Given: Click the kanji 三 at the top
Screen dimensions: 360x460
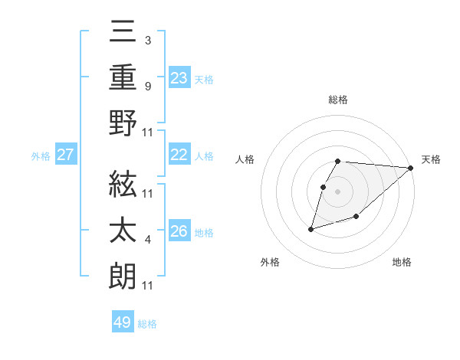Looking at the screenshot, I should [123, 32].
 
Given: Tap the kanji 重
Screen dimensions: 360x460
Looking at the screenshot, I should [123, 77].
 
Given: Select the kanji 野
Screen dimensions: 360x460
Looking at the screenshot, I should [123, 123].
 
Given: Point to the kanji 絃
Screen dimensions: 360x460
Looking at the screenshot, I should [123, 184].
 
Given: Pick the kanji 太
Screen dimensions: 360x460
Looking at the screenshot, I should [123, 230].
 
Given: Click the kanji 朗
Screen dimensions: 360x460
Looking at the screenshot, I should [123, 275].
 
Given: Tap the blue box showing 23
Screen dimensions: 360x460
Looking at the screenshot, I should [179, 78].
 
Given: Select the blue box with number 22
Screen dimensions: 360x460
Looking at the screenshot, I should [179, 155].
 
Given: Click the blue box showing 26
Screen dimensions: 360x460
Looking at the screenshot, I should [179, 231].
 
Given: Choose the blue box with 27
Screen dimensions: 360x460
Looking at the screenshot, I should [66, 155].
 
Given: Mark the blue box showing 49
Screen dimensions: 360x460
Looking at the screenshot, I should [123, 322].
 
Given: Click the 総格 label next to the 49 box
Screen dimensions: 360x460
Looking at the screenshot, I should [148, 324].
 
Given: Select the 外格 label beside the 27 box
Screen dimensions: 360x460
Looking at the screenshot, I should [41, 156].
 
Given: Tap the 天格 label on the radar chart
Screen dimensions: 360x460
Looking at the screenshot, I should [431, 159].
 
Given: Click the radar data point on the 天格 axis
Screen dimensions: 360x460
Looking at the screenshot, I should [411, 168].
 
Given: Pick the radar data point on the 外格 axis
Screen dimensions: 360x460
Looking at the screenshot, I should [310, 228].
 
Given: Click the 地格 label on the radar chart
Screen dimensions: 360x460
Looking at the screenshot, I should [402, 263].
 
